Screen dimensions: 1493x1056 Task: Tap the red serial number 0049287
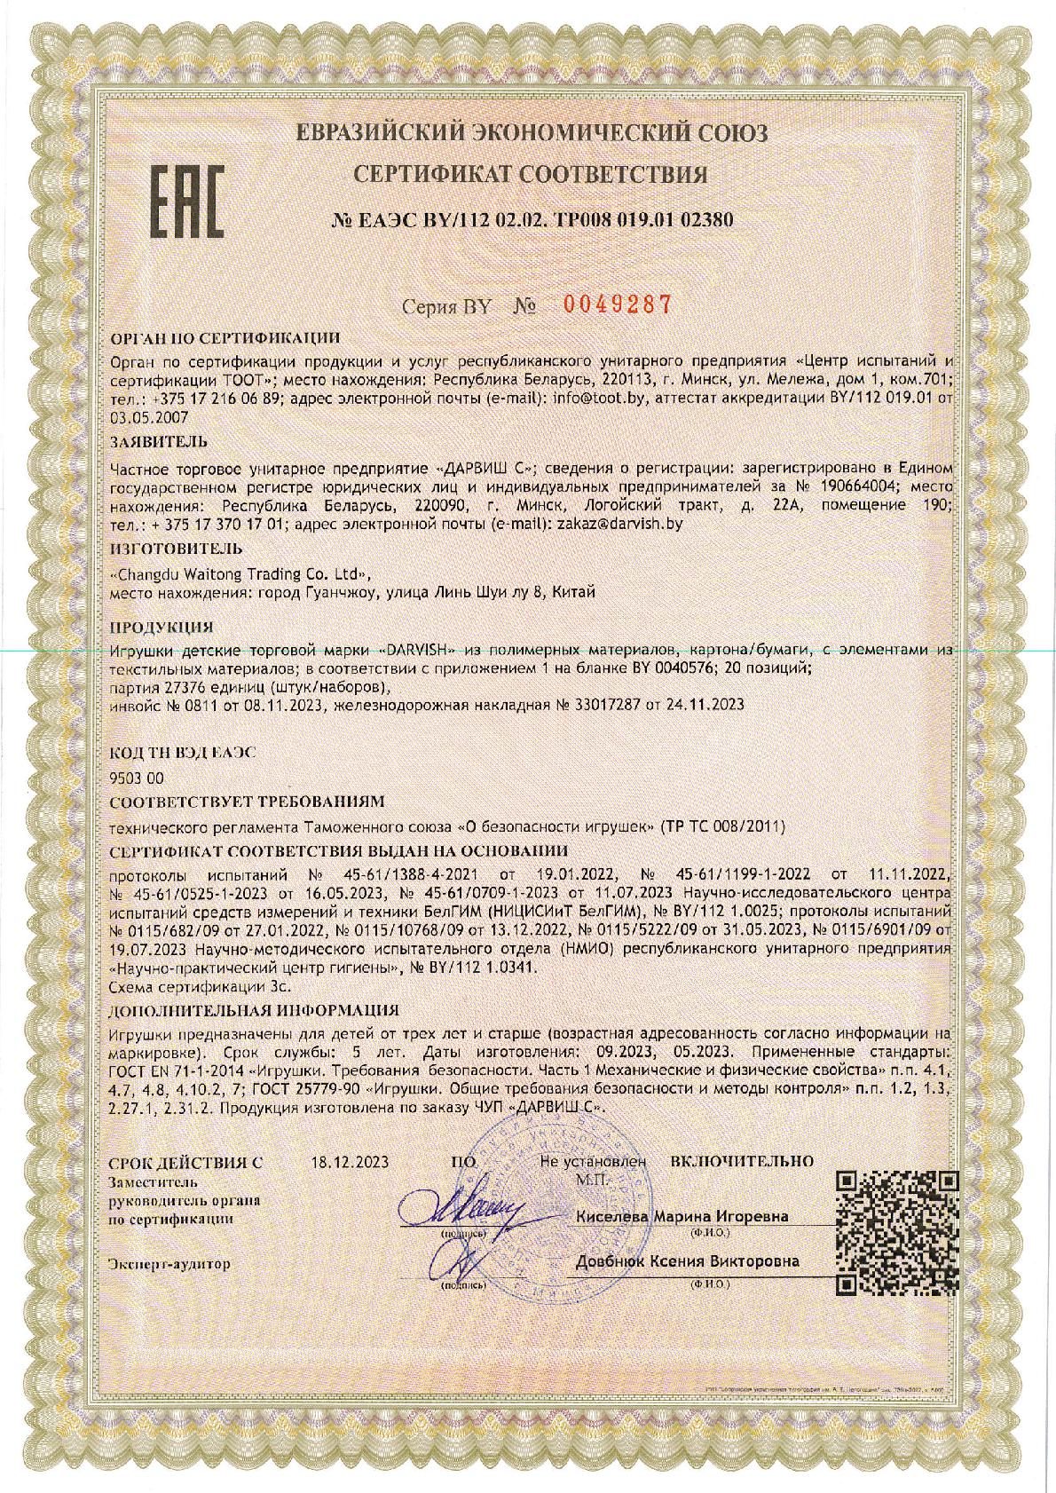[x=619, y=304]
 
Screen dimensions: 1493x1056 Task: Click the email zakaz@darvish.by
[x=618, y=525]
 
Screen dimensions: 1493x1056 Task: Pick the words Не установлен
[x=592, y=1160]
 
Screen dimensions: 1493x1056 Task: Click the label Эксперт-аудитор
[x=168, y=1263]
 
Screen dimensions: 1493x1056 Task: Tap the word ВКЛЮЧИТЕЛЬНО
[x=742, y=1160]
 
